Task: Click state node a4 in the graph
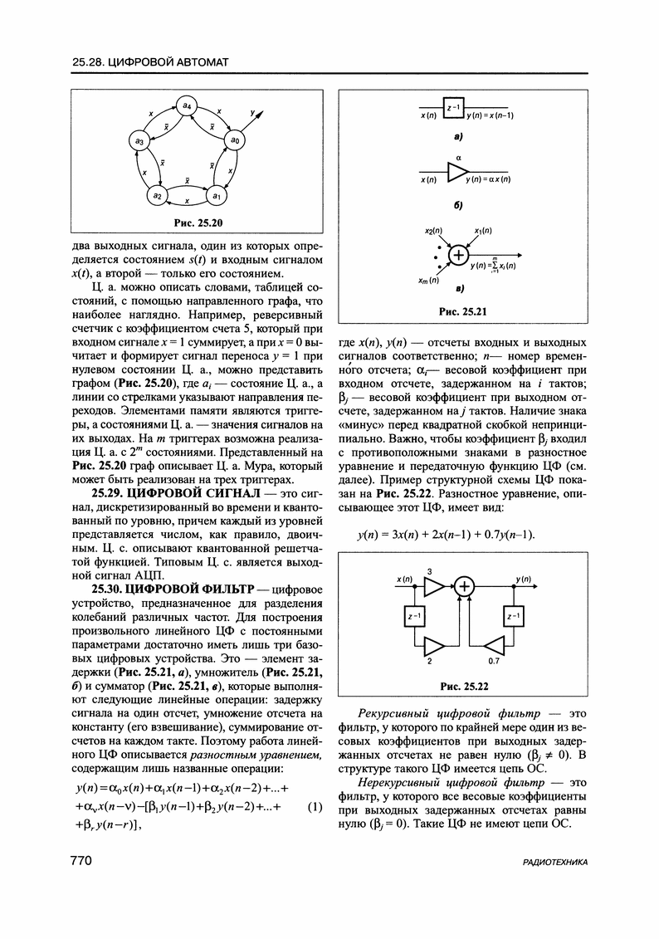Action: pyautogui.click(x=187, y=106)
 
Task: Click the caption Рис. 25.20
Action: pyautogui.click(x=198, y=222)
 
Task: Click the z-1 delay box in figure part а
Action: pyautogui.click(x=453, y=109)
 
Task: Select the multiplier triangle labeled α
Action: pyautogui.click(x=457, y=171)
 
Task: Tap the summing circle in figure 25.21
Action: pyautogui.click(x=458, y=255)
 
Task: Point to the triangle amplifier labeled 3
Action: pyautogui.click(x=433, y=587)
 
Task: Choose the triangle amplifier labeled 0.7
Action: pyautogui.click(x=495, y=645)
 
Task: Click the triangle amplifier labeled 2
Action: pyautogui.click(x=433, y=645)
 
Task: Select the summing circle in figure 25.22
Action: pyautogui.click(x=465, y=587)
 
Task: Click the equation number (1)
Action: pyautogui.click(x=315, y=806)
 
